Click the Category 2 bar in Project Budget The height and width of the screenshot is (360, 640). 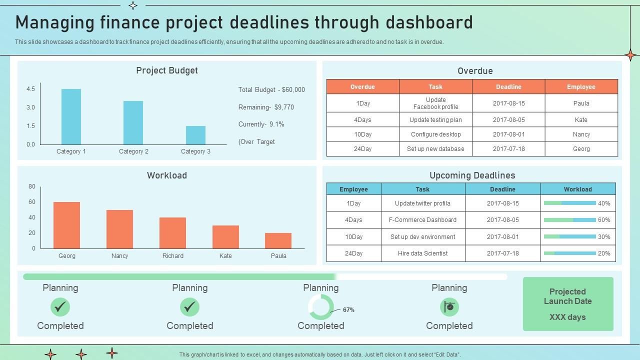(x=133, y=122)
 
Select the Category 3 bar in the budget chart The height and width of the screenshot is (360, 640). (x=195, y=135)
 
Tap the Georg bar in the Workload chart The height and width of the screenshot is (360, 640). (x=66, y=225)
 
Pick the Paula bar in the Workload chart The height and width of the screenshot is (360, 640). (x=278, y=240)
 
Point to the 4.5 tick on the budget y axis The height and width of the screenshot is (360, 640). (x=30, y=89)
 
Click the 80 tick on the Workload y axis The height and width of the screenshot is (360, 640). (x=31, y=186)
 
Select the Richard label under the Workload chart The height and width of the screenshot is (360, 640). (x=173, y=255)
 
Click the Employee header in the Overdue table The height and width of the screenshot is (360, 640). (x=581, y=87)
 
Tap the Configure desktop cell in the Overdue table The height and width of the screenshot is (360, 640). (x=435, y=134)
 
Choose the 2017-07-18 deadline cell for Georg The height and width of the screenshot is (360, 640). (x=508, y=149)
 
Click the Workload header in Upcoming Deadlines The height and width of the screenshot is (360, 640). (x=577, y=189)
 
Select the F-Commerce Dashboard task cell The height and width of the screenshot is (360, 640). (x=423, y=219)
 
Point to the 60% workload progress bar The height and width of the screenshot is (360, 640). (x=569, y=220)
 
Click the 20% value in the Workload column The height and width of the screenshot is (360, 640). (x=604, y=253)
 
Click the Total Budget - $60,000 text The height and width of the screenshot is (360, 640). (x=271, y=89)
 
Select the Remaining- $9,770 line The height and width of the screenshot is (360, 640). (x=266, y=107)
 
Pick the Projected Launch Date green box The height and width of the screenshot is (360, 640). (x=568, y=304)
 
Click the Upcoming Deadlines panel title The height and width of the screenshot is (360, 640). (x=472, y=175)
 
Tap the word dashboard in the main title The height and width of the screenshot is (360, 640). (x=429, y=22)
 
